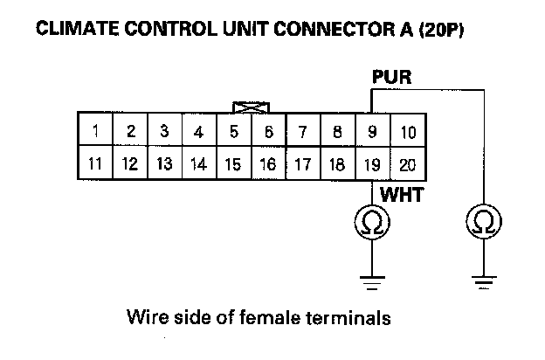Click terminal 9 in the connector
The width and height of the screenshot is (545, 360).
[373, 133]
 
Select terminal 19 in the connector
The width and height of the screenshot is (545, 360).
[373, 163]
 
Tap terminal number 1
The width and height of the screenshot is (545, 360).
[94, 133]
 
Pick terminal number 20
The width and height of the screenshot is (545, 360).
[408, 163]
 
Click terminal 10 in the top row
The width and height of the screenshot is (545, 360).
[408, 133]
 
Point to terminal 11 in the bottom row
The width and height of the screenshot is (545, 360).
[94, 163]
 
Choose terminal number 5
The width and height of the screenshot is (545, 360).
[234, 133]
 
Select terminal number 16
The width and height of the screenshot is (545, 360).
[268, 163]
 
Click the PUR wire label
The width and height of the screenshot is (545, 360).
[390, 79]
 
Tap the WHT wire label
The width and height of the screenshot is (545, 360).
[401, 196]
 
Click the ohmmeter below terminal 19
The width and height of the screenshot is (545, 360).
[373, 225]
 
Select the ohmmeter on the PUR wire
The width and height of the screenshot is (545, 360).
[483, 225]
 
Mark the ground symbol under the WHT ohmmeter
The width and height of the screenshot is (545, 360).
[373, 281]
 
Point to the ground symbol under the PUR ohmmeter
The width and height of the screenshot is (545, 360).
[483, 281]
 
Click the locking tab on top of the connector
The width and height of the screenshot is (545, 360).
[252, 107]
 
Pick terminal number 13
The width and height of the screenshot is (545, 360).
[164, 163]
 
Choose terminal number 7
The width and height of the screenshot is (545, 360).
[303, 133]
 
